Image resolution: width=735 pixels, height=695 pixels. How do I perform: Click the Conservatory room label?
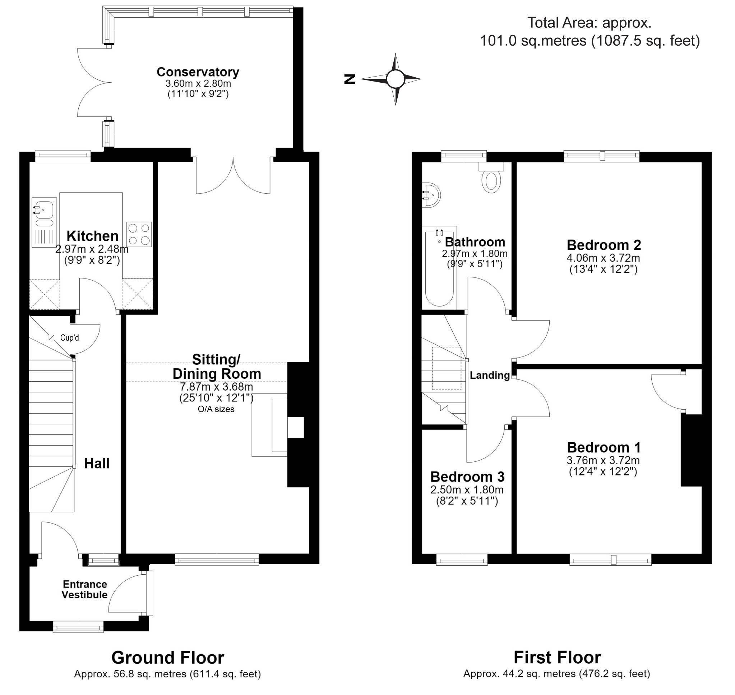[198, 72]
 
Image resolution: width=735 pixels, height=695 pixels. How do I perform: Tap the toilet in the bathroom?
[491, 178]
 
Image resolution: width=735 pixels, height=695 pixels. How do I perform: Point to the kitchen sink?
[44, 222]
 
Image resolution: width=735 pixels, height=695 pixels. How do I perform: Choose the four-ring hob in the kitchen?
[139, 234]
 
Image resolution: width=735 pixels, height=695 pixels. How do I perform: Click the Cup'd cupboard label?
[70, 338]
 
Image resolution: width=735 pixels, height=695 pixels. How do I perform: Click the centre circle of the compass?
[396, 79]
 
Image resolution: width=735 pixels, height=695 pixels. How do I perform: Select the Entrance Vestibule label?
[85, 589]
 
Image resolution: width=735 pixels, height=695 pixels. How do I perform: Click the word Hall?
[97, 464]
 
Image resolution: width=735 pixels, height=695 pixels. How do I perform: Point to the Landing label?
[490, 375]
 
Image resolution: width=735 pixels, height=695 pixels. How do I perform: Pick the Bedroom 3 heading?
[467, 477]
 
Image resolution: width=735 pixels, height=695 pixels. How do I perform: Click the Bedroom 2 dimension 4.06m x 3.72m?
[603, 258]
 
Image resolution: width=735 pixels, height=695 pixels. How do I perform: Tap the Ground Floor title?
[168, 658]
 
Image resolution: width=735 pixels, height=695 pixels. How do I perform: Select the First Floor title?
[557, 658]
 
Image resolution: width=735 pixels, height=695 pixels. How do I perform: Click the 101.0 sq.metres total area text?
[533, 40]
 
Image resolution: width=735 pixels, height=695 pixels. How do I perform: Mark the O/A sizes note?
[216, 409]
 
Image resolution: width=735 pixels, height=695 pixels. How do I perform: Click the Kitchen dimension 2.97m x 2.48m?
[92, 249]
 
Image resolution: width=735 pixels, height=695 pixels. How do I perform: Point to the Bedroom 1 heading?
[604, 447]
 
